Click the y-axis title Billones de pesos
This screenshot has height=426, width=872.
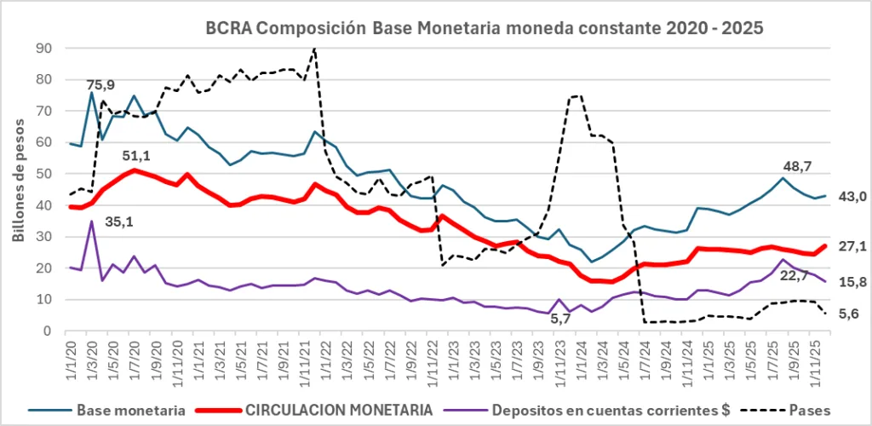[19, 187]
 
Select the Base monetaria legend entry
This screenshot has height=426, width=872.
[127, 410]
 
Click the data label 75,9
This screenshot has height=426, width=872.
[100, 85]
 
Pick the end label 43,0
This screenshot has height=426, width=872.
[852, 197]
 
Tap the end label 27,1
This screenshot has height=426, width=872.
[852, 247]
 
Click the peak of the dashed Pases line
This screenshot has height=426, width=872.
[315, 49]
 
